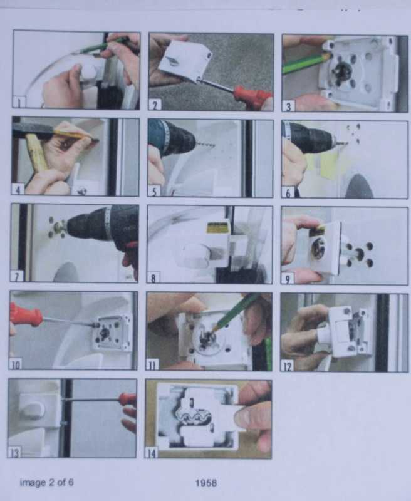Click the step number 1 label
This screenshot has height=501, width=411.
tap(19, 101)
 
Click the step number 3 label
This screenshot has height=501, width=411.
tap(288, 106)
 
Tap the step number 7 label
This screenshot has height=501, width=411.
tap(18, 276)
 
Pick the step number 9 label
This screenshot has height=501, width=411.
tap(288, 278)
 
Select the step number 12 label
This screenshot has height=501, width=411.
tap(287, 365)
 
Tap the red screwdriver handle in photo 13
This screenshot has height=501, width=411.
tap(127, 399)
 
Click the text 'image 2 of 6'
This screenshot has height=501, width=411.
tap(46, 482)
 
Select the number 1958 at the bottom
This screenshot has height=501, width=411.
tap(206, 482)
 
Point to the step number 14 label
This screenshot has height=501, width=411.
tap(152, 452)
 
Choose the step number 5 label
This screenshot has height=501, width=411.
tap(154, 191)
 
